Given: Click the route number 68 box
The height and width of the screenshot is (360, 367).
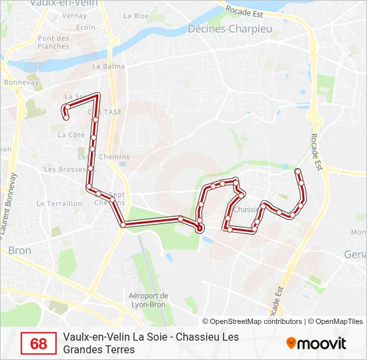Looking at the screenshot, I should [39, 343].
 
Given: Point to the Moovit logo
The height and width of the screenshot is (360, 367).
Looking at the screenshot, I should [316, 343].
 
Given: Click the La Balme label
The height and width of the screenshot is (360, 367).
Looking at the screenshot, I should [105, 66].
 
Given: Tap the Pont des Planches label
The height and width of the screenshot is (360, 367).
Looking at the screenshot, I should [53, 42].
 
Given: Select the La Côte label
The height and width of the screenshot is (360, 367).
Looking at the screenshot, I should [71, 134].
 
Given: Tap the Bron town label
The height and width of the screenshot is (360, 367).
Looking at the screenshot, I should [20, 251].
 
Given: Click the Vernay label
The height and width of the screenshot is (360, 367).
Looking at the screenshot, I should [75, 15].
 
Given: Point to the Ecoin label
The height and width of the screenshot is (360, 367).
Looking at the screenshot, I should [85, 27].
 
